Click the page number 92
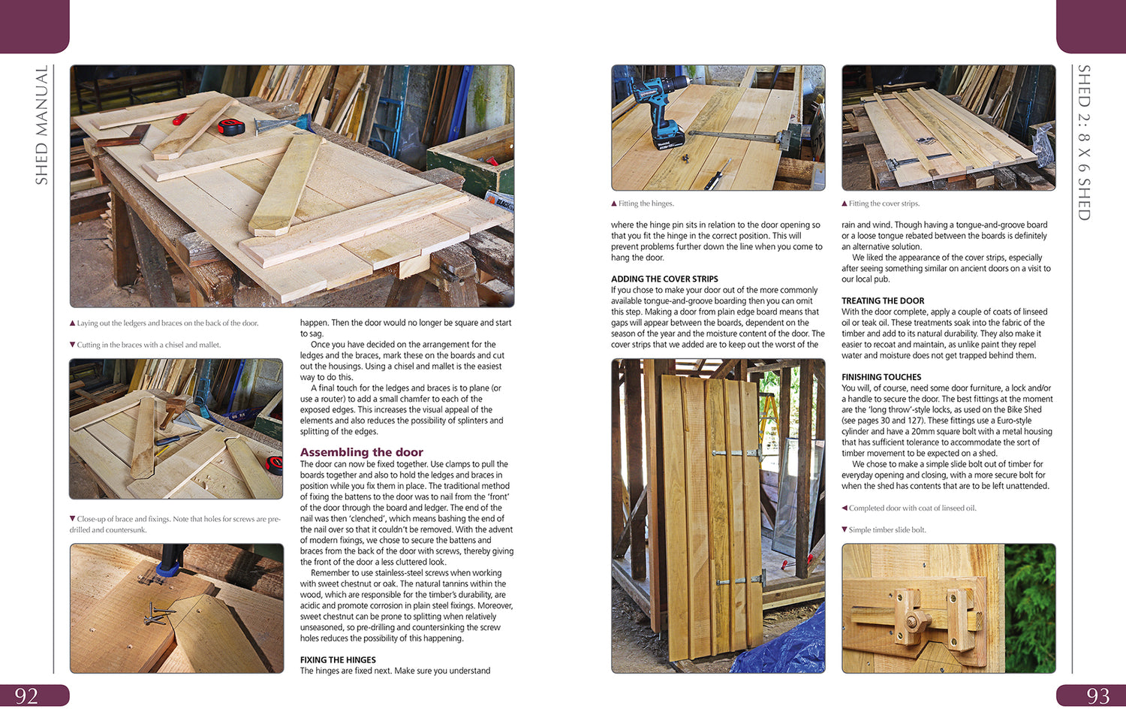coord(26,695)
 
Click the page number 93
coord(1097,695)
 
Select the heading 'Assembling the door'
coord(361,452)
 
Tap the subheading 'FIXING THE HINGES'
coord(338,660)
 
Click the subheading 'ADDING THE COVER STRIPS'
coord(664,279)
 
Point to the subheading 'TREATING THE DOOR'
coord(883,300)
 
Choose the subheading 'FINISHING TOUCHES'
coord(881,377)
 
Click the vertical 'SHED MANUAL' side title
coord(41,125)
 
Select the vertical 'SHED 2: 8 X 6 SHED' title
coord(1084,143)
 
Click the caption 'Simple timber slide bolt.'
coord(887,529)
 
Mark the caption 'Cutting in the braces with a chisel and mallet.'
coord(149,345)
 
